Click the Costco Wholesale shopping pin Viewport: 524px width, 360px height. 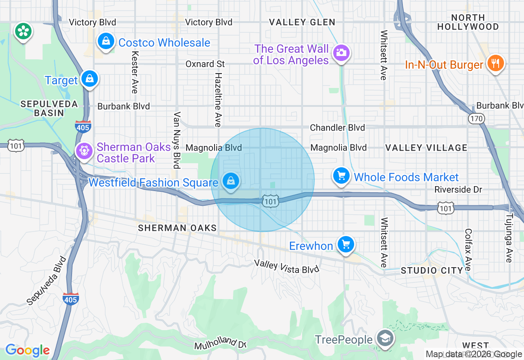(106, 42)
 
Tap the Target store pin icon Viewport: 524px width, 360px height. (89, 79)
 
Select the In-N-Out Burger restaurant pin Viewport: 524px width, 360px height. (495, 63)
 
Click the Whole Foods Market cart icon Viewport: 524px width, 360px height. (341, 176)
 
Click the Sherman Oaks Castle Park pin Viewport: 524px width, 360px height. (84, 151)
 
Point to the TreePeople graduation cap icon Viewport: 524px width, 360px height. (385, 339)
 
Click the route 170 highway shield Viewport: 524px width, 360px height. (477, 119)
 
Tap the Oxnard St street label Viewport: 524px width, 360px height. (205, 64)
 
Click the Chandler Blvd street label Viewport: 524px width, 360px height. (337, 128)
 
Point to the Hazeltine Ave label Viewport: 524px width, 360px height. (218, 100)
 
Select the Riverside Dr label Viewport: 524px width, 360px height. (458, 189)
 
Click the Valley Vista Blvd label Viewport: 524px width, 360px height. (286, 266)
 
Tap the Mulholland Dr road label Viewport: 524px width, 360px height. (220, 343)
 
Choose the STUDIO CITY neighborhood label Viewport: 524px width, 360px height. (431, 270)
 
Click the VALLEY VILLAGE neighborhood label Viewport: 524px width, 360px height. (426, 148)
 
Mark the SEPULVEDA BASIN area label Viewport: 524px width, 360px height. (49, 108)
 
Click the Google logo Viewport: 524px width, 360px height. (27, 350)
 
